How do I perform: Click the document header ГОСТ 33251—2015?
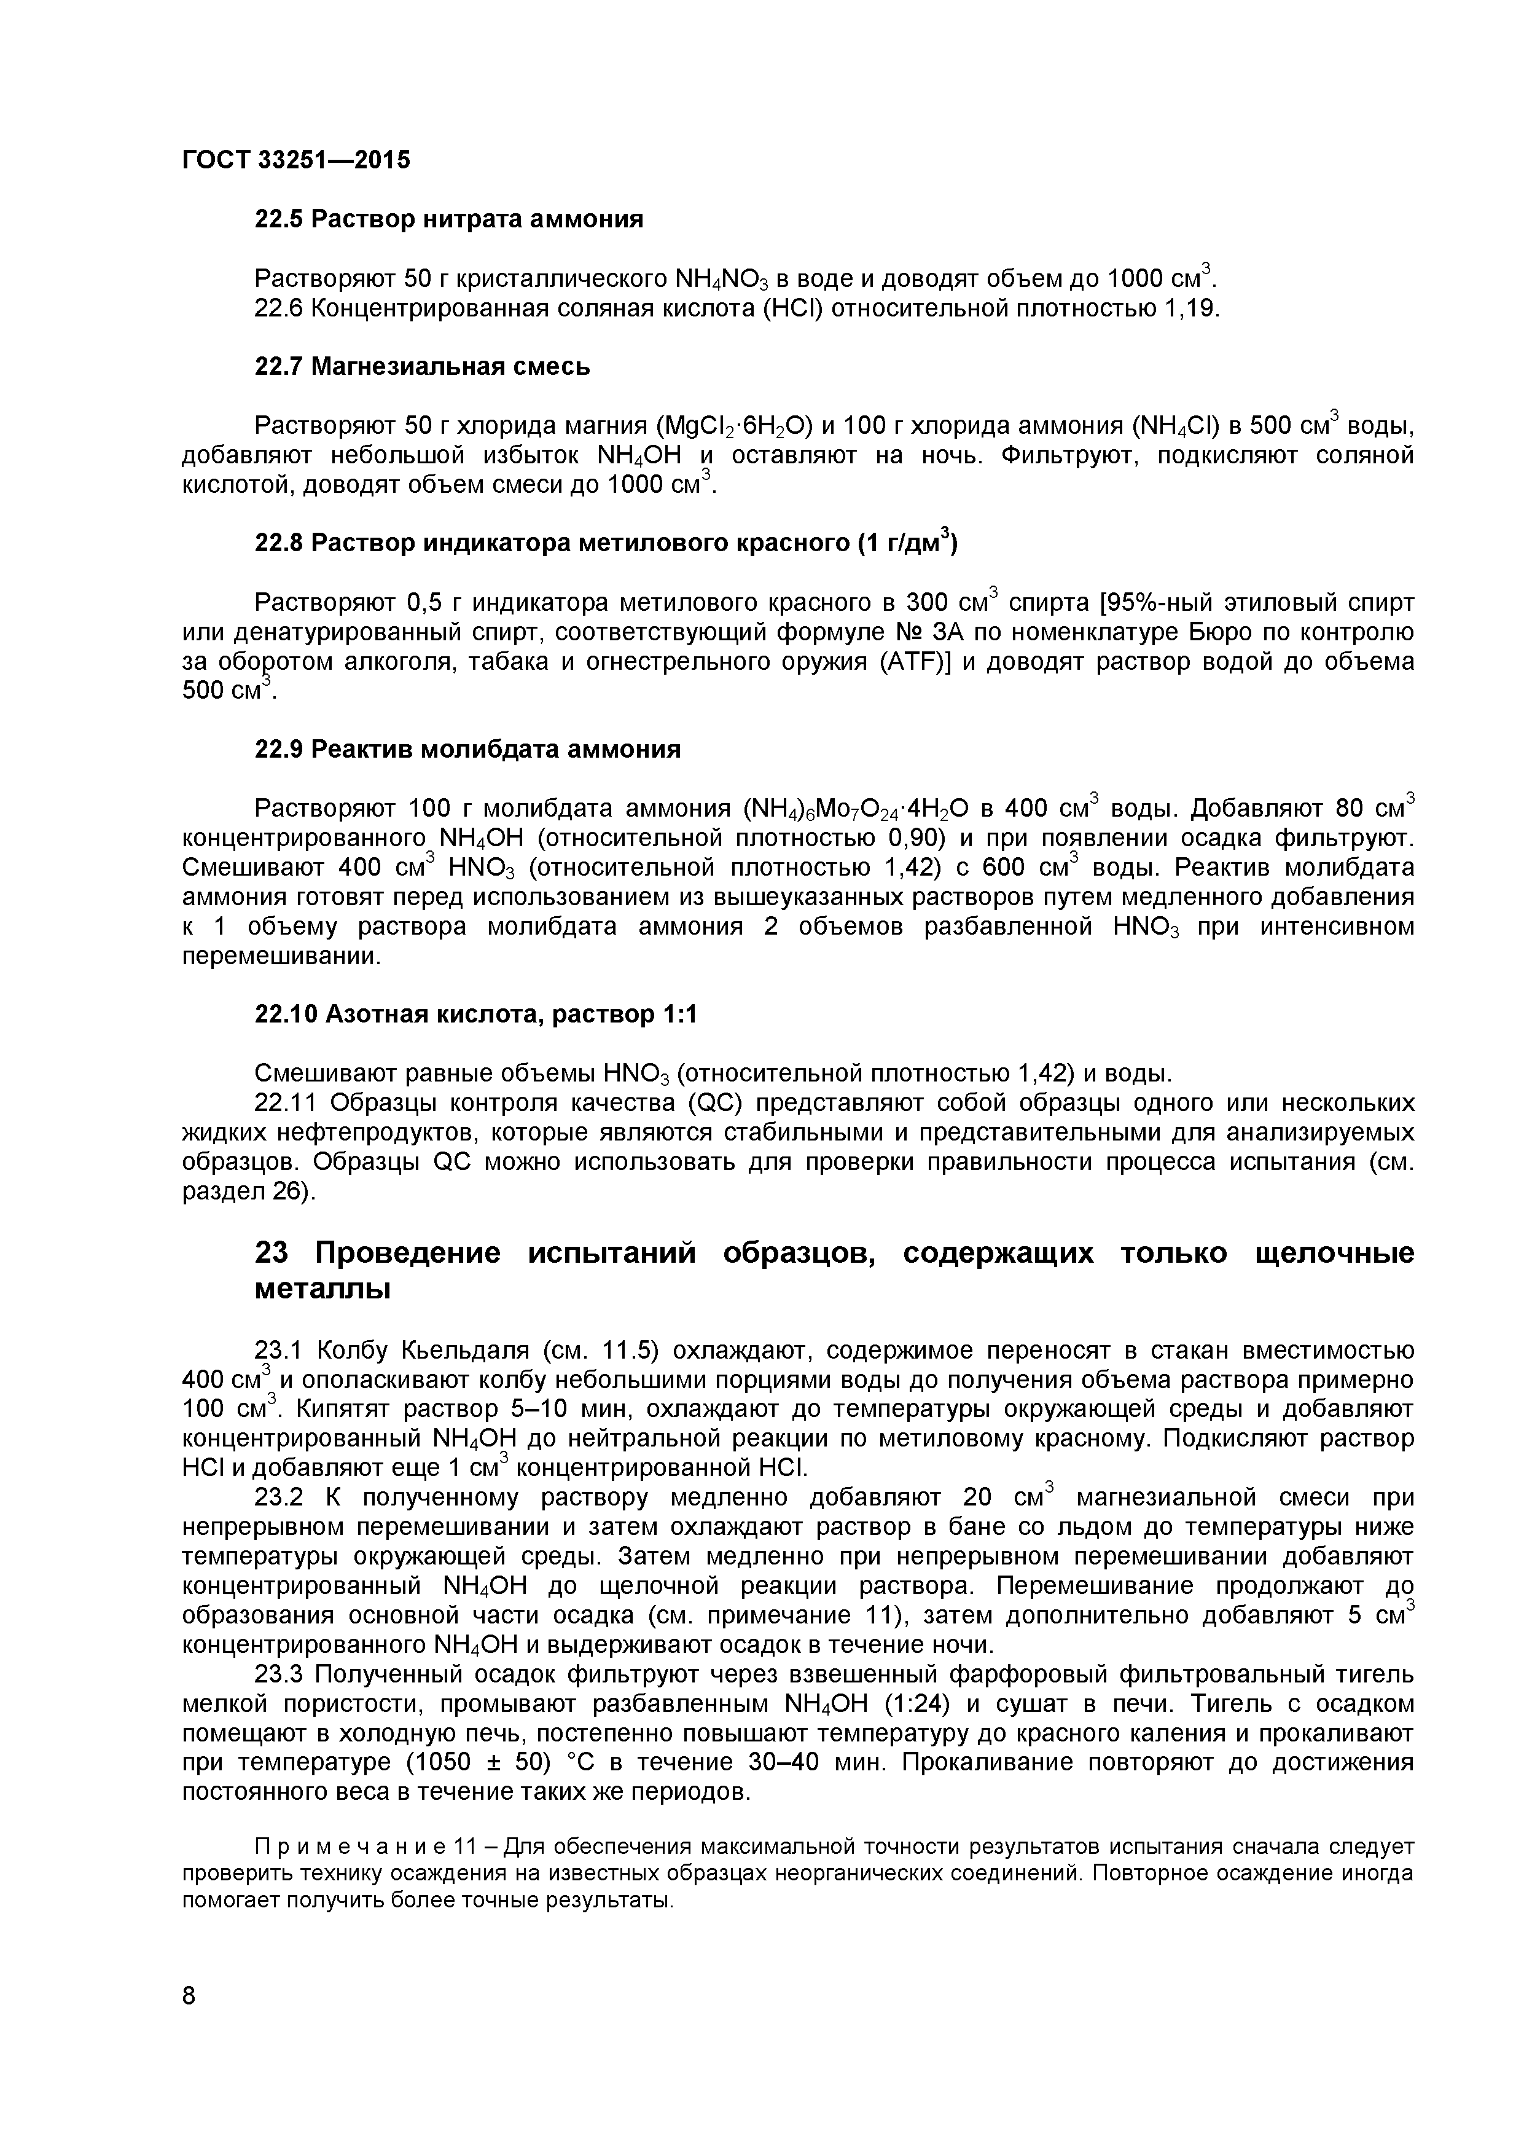(295, 160)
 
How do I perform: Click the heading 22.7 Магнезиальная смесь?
(422, 366)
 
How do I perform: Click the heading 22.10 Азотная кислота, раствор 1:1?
(477, 1015)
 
